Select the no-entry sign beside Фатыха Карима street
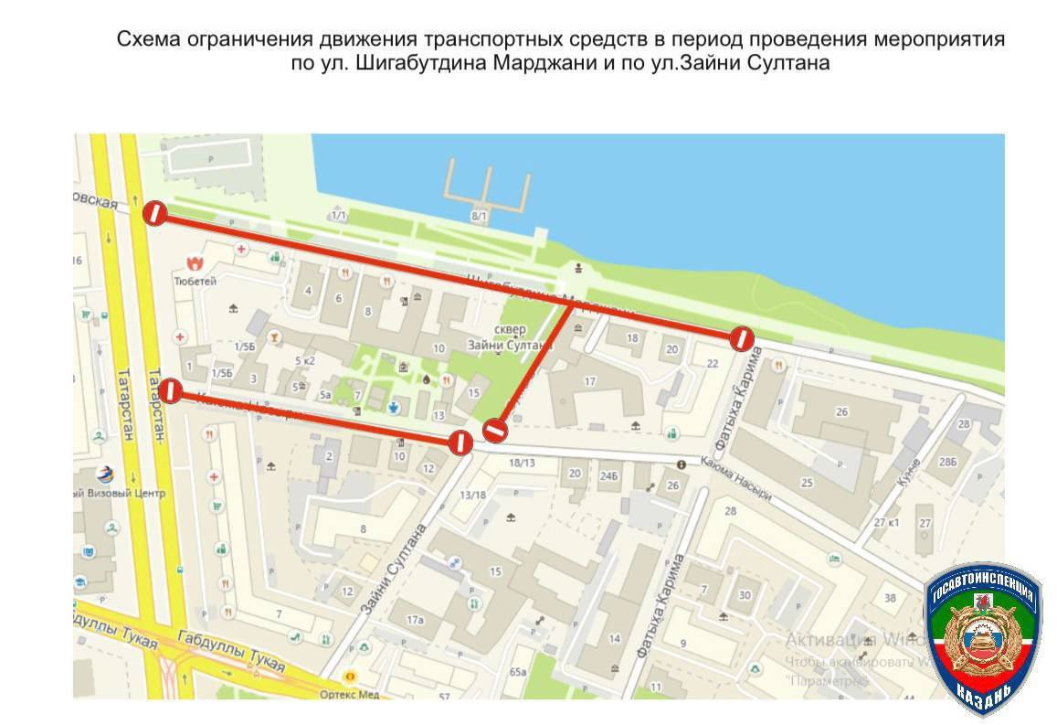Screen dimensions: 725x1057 pyautogui.click(x=742, y=338)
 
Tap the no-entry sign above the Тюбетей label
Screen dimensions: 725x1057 pyautogui.click(x=154, y=213)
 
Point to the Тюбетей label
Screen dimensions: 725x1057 pyautogui.click(x=195, y=282)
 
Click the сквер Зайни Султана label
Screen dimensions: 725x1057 pyautogui.click(x=510, y=339)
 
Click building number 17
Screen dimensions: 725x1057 pyautogui.click(x=590, y=381)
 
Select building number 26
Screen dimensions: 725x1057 pyautogui.click(x=841, y=411)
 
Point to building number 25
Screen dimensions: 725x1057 pyautogui.click(x=807, y=482)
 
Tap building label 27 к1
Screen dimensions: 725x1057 pyautogui.click(x=886, y=522)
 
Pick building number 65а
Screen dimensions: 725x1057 pyautogui.click(x=519, y=672)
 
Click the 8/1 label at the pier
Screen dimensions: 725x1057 pyautogui.click(x=480, y=216)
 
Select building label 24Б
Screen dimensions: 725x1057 pyautogui.click(x=609, y=474)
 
